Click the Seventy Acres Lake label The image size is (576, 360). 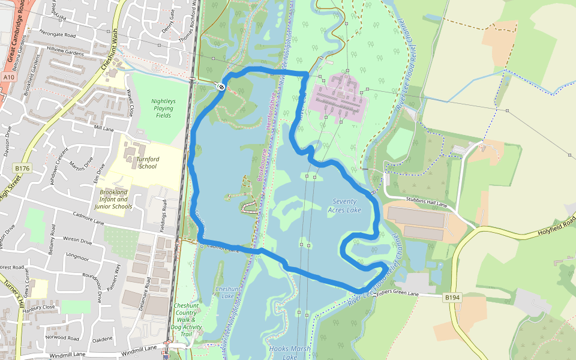[344, 206]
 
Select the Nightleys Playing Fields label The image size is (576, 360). [163, 109]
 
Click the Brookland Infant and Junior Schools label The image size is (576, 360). [113, 199]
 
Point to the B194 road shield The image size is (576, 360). [452, 297]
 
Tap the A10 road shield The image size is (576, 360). [8, 77]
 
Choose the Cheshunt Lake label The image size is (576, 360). [227, 292]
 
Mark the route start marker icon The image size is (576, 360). [221, 88]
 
